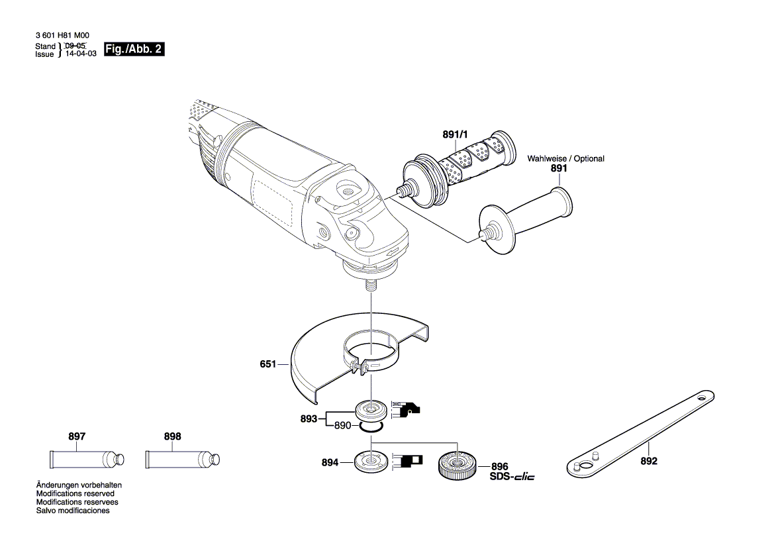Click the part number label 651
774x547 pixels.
pyautogui.click(x=268, y=364)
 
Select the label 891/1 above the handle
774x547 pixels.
pyautogui.click(x=454, y=135)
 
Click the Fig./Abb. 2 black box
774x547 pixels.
pyautogui.click(x=134, y=50)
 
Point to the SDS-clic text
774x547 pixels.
pyautogui.click(x=512, y=477)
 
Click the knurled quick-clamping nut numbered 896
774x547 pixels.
pyautogui.click(x=456, y=464)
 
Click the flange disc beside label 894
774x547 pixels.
pyautogui.click(x=370, y=461)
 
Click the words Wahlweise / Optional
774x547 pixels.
pyautogui.click(x=565, y=159)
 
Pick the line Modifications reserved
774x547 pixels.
pyautogui.click(x=75, y=494)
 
